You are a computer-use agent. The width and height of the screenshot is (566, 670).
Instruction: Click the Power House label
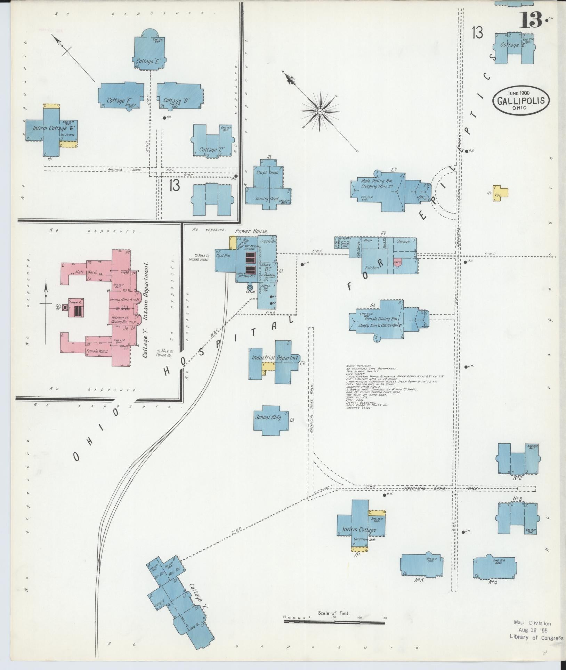[x=252, y=231]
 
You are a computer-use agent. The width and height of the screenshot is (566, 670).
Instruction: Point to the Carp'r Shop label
[x=268, y=172]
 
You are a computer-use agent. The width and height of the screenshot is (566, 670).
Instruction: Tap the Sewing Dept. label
[x=267, y=199]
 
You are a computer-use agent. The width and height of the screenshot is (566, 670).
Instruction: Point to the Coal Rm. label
[x=224, y=256]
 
